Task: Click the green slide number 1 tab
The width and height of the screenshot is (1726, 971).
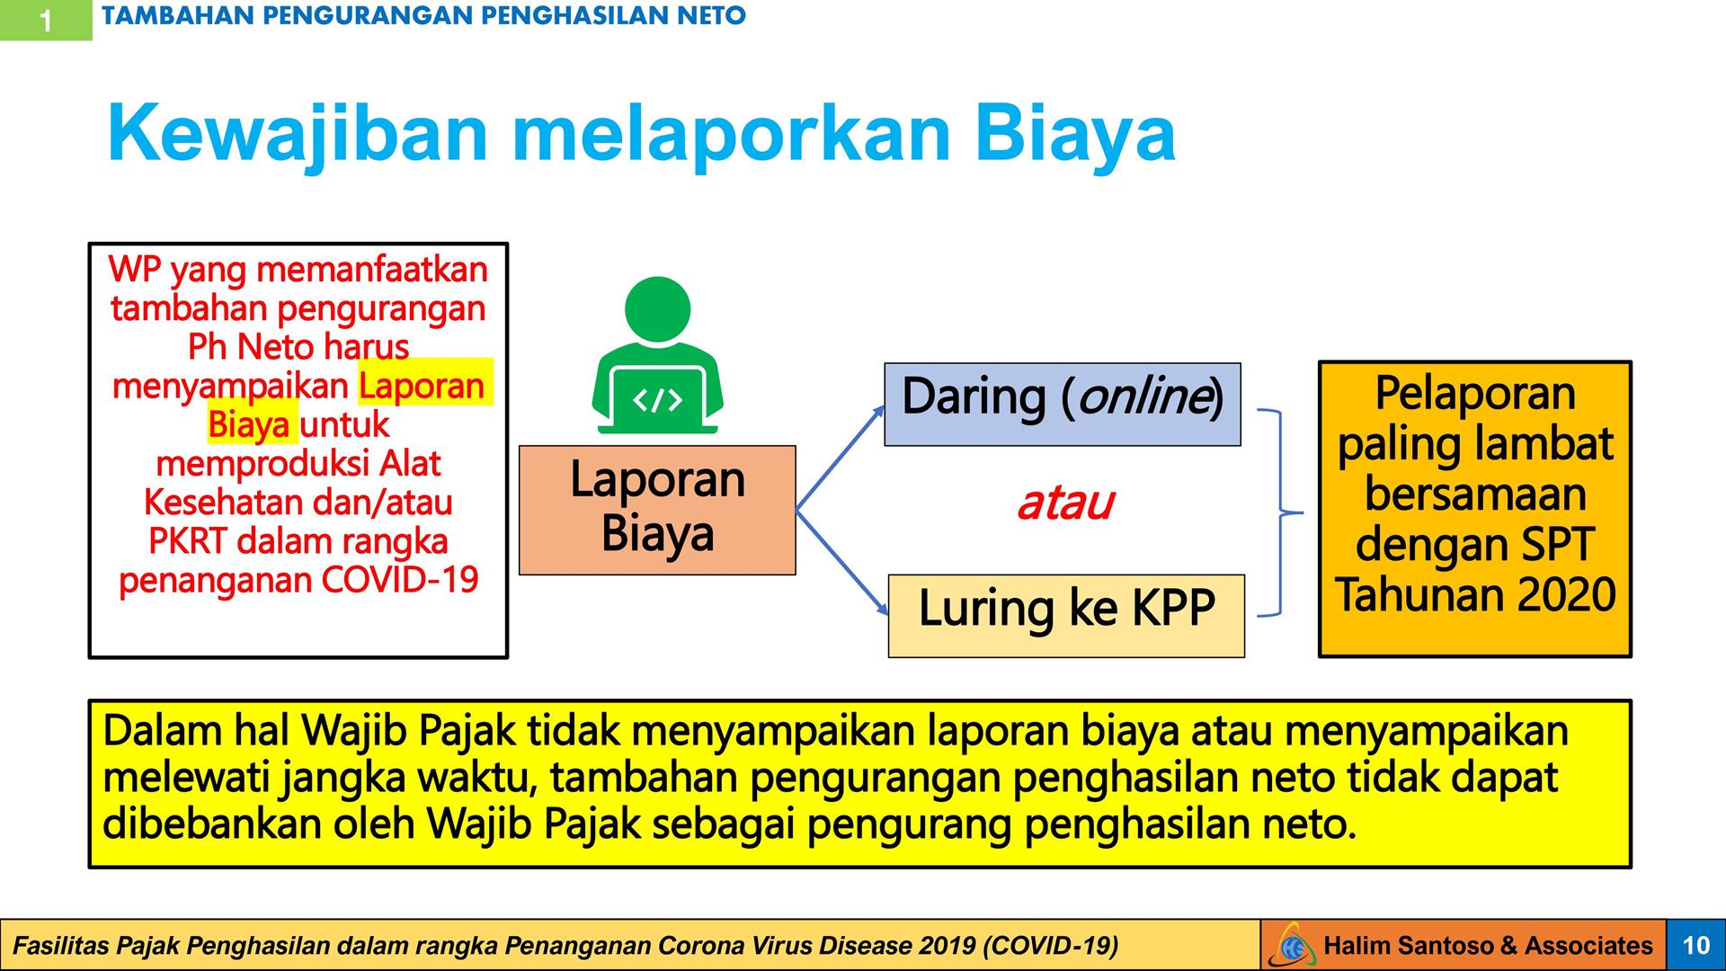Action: pyautogui.click(x=46, y=20)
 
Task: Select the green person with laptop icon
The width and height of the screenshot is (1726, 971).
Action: pyautogui.click(x=658, y=355)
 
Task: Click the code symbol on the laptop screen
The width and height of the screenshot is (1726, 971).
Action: pyautogui.click(x=658, y=400)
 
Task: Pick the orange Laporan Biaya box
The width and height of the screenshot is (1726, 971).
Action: pyautogui.click(x=657, y=510)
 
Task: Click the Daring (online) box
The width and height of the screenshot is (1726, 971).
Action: pyautogui.click(x=1063, y=405)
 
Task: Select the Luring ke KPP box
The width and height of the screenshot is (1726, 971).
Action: pyautogui.click(x=1066, y=616)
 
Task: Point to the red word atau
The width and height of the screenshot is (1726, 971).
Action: pyautogui.click(x=1066, y=503)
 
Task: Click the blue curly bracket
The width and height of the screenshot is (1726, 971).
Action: pyautogui.click(x=1279, y=513)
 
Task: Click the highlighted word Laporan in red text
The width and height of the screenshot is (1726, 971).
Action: pyautogui.click(x=421, y=386)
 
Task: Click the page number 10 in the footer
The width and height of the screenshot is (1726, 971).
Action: pyautogui.click(x=1695, y=945)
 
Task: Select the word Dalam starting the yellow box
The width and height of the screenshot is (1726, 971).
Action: pyautogui.click(x=162, y=731)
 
